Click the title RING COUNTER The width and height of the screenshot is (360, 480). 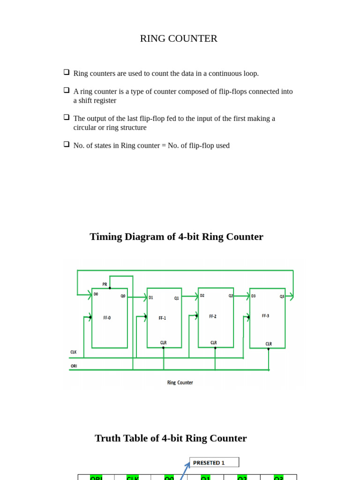(179, 38)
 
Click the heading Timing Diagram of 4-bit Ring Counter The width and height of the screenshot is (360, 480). (176, 237)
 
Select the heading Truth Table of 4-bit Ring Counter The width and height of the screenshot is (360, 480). (171, 438)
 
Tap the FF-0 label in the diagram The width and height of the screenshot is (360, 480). (107, 318)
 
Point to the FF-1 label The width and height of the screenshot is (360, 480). (162, 318)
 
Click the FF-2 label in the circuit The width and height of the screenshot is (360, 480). (213, 316)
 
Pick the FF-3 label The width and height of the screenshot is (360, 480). (265, 316)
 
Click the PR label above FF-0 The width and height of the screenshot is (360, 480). (105, 285)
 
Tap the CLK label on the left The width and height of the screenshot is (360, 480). (74, 352)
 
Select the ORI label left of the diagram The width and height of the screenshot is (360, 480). (74, 366)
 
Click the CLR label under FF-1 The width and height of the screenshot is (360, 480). (163, 343)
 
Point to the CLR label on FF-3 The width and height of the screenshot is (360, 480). (269, 344)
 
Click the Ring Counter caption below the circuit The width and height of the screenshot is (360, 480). (180, 382)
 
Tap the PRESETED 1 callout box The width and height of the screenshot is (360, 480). (214, 463)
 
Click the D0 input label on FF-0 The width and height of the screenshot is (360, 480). (96, 294)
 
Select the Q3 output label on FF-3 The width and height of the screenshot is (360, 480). (282, 296)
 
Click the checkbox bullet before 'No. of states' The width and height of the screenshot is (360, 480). (67, 144)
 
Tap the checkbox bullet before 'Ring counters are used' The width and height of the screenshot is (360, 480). (67, 72)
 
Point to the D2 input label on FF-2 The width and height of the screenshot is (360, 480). (202, 296)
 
